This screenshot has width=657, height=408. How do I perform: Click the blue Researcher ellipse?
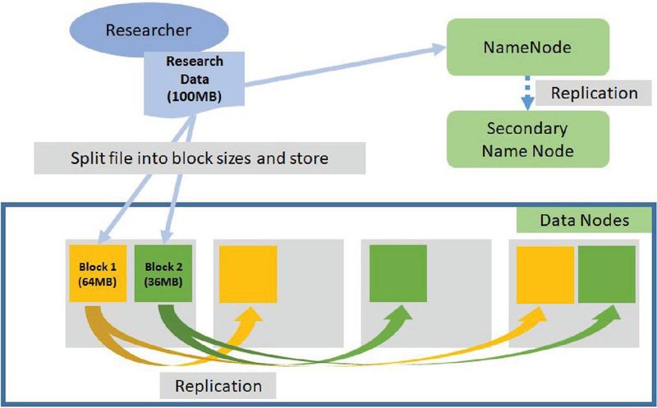tap(148, 31)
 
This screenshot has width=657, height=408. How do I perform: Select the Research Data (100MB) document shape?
tap(194, 80)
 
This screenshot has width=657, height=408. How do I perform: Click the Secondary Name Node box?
tap(526, 140)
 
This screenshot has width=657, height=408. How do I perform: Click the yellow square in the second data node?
tap(247, 273)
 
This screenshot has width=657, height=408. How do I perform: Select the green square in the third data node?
tap(398, 273)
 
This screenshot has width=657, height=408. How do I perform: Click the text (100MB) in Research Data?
tap(194, 96)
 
